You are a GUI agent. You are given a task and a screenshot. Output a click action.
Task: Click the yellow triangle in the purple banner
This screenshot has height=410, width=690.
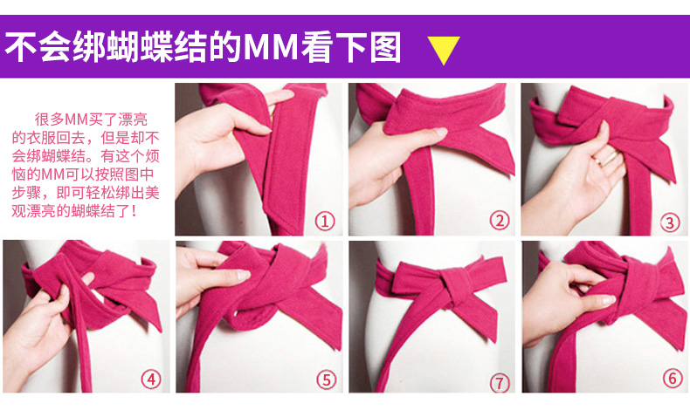click(444, 48)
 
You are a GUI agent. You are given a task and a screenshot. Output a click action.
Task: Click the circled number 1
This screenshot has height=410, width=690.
click(325, 221)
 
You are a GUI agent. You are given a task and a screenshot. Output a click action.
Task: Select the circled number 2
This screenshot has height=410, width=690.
click(500, 221)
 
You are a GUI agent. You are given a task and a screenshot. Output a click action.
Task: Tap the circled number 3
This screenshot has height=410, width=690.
click(670, 222)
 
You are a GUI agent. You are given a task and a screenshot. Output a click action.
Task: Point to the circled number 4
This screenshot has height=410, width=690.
click(151, 379)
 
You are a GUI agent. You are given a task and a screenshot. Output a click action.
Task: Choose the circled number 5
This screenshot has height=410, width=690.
click(326, 379)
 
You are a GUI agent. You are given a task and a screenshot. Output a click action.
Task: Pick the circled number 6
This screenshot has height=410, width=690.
click(673, 379)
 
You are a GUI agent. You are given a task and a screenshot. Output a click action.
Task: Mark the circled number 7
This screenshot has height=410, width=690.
click(500, 383)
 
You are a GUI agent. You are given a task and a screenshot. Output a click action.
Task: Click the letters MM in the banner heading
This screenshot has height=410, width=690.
click(271, 46)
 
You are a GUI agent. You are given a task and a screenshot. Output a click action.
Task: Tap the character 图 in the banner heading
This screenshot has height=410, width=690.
click(385, 46)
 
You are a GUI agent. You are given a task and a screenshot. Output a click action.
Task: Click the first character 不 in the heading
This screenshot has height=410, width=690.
click(20, 46)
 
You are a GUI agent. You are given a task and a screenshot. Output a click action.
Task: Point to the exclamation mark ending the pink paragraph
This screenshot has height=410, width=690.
click(134, 211)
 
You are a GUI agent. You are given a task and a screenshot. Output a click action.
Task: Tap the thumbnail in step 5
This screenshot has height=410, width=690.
click(242, 275)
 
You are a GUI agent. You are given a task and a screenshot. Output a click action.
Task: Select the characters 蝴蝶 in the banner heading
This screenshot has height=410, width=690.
click(141, 46)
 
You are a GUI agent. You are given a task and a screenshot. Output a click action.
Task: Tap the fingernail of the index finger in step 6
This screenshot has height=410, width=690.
click(609, 300)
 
